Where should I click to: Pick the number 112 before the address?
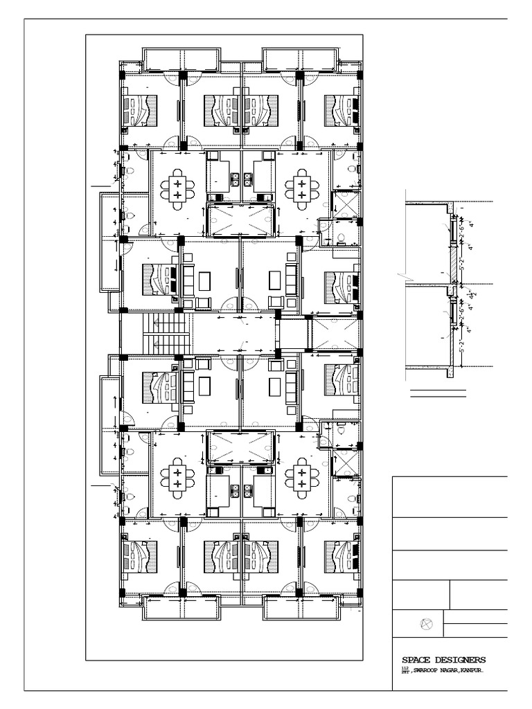[405, 668]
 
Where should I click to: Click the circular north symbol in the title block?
[427, 624]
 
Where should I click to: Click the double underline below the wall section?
[438, 395]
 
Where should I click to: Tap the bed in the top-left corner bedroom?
[140, 111]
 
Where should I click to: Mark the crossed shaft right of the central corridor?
[336, 332]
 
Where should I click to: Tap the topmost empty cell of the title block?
[450, 496]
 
